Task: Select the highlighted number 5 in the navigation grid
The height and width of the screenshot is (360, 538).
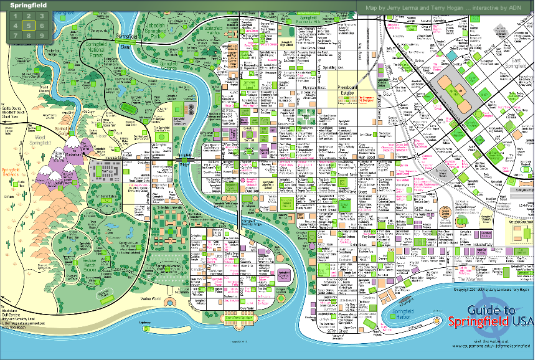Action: (29, 26)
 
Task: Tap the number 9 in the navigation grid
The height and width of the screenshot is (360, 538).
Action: (42, 36)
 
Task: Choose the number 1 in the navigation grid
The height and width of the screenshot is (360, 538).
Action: (16, 16)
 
